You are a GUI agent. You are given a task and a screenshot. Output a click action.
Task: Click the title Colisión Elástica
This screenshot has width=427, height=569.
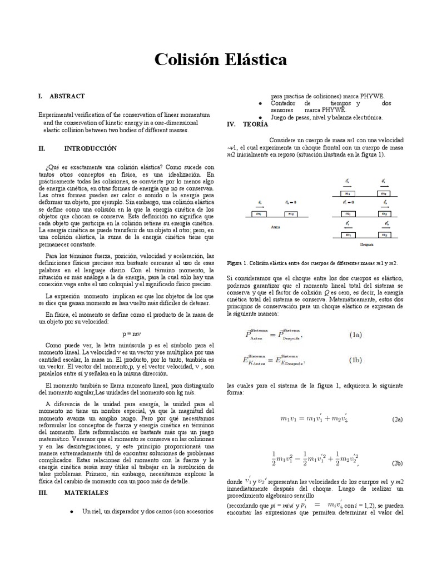(213, 59)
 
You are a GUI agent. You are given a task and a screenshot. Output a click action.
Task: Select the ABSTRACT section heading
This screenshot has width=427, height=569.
(67, 96)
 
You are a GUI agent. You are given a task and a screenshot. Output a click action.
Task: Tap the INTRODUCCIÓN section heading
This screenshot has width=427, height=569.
(90, 148)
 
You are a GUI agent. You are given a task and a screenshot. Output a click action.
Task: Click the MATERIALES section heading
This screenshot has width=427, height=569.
(86, 492)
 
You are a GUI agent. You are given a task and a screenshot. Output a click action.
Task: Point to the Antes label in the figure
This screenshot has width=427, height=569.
(275, 227)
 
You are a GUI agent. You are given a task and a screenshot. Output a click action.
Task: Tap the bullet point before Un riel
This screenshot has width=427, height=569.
(73, 511)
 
